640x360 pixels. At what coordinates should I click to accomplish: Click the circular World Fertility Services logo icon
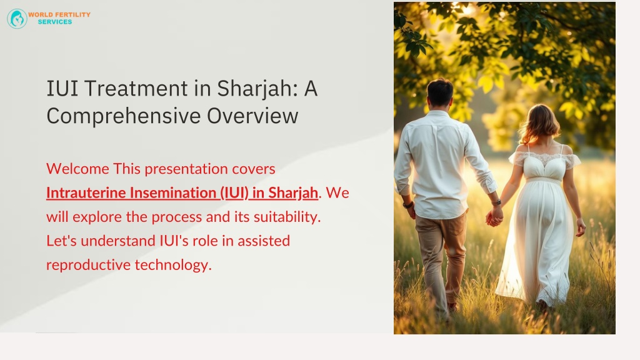(17, 19)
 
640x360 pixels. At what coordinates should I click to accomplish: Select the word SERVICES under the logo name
(55, 22)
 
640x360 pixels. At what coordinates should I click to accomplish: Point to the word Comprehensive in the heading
(124, 116)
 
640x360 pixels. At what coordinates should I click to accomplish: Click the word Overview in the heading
(252, 116)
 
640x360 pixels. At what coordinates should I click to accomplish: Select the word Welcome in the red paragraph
(77, 169)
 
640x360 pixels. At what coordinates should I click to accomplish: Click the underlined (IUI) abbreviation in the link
(234, 192)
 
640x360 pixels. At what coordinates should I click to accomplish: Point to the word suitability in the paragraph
(287, 217)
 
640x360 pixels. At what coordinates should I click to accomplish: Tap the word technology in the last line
(173, 265)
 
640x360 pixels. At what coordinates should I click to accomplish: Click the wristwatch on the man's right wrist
(496, 202)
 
